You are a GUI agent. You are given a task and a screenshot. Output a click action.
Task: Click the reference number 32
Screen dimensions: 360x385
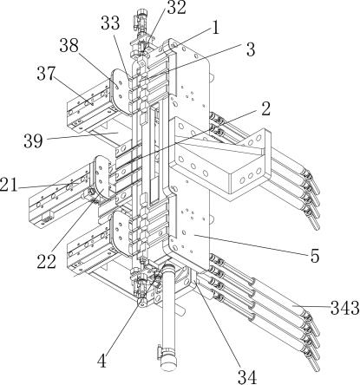tap(176, 8)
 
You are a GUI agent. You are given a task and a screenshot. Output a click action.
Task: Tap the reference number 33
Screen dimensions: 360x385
tap(110, 23)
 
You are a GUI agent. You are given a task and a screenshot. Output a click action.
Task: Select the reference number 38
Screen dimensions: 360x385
tap(69, 45)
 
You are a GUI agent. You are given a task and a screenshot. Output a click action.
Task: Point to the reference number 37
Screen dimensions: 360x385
tap(46, 74)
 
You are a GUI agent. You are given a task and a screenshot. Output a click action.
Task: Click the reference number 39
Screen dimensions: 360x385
tap(33, 140)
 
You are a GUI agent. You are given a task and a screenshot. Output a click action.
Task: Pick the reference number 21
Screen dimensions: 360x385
tap(9, 186)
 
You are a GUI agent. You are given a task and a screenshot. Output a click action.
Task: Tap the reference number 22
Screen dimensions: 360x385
tap(46, 262)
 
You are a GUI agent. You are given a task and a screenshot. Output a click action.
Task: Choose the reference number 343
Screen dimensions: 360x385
tap(345, 308)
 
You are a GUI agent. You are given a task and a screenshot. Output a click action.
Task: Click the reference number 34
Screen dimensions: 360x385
tap(247, 376)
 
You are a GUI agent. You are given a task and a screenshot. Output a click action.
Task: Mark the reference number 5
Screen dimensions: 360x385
tap(315, 256)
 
